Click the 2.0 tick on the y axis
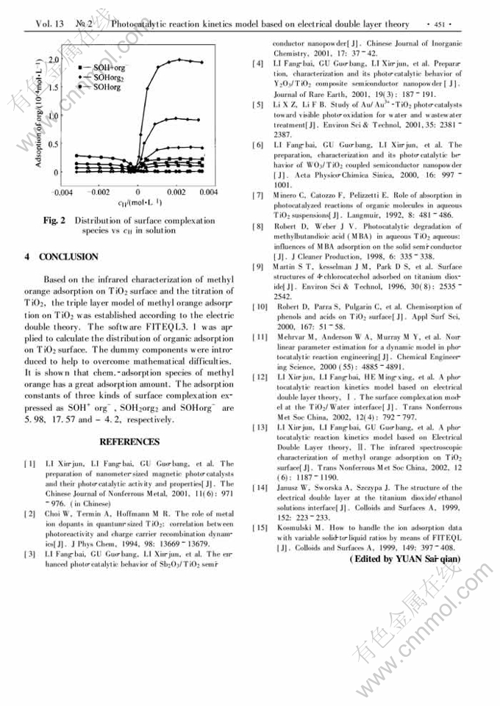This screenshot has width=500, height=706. pyautogui.click(x=52, y=58)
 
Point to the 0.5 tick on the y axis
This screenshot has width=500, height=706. pyautogui.click(x=52, y=144)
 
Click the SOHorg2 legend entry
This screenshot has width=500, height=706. pyautogui.click(x=107, y=76)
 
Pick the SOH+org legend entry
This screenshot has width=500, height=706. pyautogui.click(x=107, y=67)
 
